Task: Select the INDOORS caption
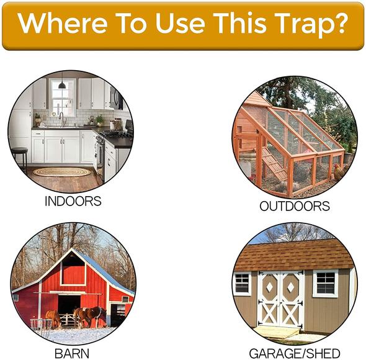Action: (73, 201)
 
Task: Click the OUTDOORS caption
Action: (294, 205)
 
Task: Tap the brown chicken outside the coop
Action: (338, 171)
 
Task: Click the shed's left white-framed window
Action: (242, 283)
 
